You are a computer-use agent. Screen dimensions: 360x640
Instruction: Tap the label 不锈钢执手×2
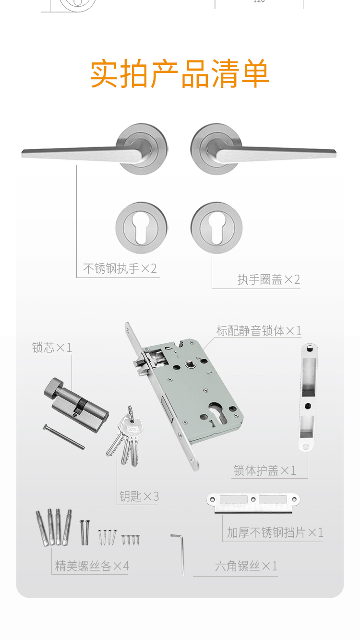click(120, 268)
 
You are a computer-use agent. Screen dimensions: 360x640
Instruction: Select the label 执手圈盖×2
click(269, 279)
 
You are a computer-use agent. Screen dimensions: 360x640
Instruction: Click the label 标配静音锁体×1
click(259, 331)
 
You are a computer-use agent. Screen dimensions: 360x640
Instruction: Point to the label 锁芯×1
click(52, 348)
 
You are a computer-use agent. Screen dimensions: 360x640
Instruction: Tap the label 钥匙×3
click(139, 496)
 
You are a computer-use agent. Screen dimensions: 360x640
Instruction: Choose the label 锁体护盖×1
click(264, 471)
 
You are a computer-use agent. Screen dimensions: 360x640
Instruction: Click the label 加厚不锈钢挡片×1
click(275, 532)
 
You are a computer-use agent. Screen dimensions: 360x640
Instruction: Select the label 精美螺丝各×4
click(92, 566)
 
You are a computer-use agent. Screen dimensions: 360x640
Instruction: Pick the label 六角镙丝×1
click(246, 566)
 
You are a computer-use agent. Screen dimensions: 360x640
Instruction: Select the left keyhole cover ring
click(142, 228)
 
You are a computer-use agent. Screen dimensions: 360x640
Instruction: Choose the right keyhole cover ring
click(216, 228)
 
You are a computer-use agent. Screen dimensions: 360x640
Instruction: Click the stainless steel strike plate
click(253, 503)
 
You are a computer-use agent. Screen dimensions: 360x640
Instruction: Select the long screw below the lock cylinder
click(64, 436)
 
